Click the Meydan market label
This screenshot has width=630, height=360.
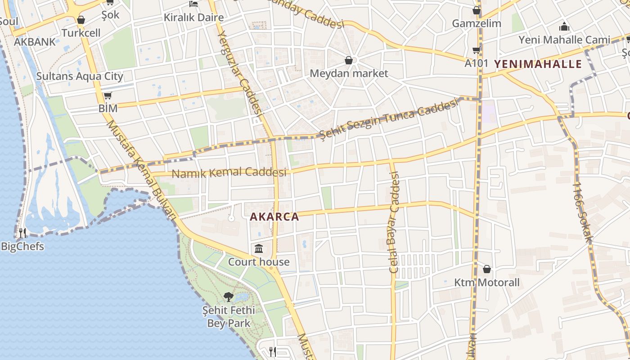point(349,73)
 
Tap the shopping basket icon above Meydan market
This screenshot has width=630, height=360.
point(349,60)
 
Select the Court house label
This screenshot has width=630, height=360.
point(259,262)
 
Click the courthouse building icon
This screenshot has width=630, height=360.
point(259,248)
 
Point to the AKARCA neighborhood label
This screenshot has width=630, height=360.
point(274,217)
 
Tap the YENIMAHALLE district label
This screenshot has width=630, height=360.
point(538,64)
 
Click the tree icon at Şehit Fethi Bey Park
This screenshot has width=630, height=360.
point(229,297)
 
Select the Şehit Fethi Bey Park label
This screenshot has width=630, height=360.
point(229,316)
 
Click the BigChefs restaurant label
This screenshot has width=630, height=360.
point(22,247)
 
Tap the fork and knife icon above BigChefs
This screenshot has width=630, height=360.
point(22,233)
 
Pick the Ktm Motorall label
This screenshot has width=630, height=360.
point(487,283)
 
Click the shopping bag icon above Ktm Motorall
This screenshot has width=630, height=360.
point(487,270)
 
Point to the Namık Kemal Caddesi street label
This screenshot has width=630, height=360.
point(229,172)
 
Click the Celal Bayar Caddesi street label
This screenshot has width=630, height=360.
point(395,223)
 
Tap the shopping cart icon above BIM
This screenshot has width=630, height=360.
point(108,95)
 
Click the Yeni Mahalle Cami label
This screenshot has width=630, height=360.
point(564,40)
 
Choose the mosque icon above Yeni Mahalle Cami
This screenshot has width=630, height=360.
point(564,27)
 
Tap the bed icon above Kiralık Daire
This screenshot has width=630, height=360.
point(193,4)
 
